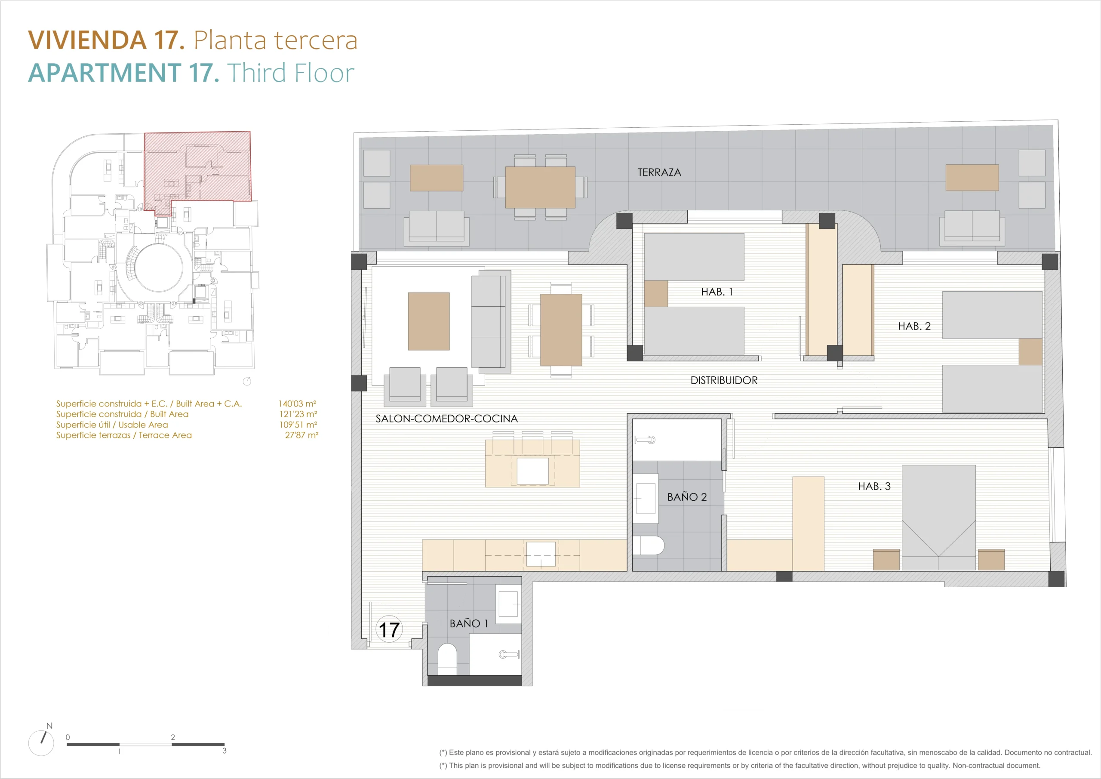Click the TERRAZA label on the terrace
[659, 172]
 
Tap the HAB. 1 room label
[717, 292]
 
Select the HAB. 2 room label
[914, 326]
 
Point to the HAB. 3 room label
[874, 486]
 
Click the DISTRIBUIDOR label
[724, 380]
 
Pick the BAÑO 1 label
[468, 623]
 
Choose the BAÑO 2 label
[687, 496]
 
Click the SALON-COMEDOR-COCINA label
[446, 419]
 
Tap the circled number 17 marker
[389, 629]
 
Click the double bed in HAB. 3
[938, 517]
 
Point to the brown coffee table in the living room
[429, 321]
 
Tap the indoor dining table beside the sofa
[561, 330]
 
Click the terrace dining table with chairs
[541, 187]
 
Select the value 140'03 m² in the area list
[297, 403]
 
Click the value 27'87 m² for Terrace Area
[301, 435]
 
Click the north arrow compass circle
[41, 743]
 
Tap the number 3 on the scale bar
[225, 751]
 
